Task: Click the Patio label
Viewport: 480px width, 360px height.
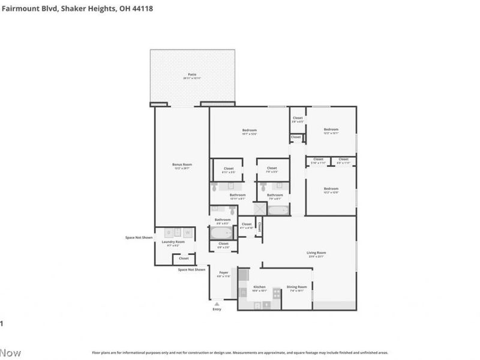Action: click(192, 74)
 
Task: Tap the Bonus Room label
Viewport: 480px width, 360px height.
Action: click(182, 164)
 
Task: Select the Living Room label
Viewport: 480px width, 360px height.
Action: click(316, 253)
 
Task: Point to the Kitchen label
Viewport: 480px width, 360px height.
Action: click(259, 287)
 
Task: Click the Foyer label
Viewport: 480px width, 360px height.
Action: click(223, 272)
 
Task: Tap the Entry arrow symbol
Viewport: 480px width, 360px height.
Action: click(217, 304)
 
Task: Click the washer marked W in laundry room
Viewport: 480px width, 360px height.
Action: click(187, 232)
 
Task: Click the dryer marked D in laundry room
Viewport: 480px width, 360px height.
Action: click(169, 232)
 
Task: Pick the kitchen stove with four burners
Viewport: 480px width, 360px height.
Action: click(277, 293)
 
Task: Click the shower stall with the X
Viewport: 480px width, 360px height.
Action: click(260, 209)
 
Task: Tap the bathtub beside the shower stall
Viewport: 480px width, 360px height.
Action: click(278, 210)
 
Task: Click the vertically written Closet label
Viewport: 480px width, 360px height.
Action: click(259, 227)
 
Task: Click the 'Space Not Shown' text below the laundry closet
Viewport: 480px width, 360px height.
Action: click(191, 269)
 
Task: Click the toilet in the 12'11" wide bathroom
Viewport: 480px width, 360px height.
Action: click(215, 188)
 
